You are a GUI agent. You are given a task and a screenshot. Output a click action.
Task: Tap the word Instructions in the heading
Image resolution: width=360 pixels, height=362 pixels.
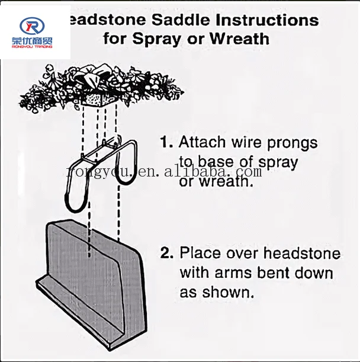(x=268, y=20)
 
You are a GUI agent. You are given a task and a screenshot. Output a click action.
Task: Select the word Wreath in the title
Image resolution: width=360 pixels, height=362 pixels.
(x=240, y=39)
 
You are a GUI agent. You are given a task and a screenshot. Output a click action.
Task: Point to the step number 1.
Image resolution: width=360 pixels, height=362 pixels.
(x=166, y=143)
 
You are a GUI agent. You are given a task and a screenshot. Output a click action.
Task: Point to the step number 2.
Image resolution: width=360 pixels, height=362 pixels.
(x=166, y=254)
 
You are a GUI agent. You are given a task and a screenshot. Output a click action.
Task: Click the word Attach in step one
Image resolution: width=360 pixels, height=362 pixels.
(x=202, y=143)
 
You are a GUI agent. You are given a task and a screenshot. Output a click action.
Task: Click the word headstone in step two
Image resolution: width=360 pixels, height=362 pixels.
(x=302, y=254)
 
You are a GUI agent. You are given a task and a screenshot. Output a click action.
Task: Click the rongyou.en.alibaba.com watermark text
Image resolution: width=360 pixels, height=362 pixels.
(x=163, y=172)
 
